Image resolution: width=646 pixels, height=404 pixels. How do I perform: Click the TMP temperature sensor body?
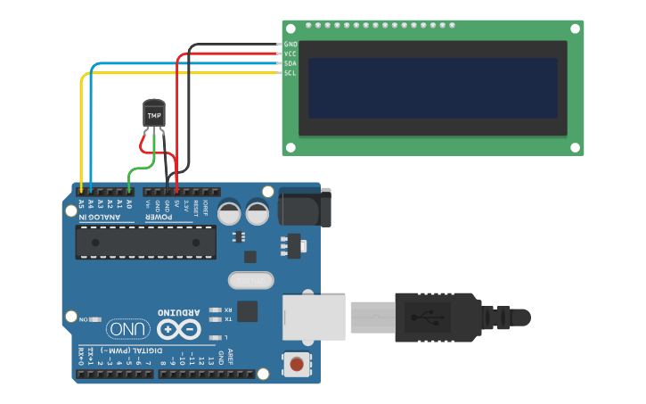[x=154, y=114]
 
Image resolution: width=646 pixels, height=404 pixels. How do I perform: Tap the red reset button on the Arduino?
[x=297, y=363]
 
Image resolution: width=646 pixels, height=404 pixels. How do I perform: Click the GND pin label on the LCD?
[x=290, y=44]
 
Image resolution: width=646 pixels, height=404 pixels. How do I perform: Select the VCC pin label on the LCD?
[x=290, y=54]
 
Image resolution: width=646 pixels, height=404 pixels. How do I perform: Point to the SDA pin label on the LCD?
[x=290, y=63]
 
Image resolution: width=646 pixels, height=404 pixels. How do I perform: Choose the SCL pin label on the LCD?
[x=290, y=73]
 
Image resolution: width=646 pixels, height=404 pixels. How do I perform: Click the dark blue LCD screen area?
[x=432, y=88]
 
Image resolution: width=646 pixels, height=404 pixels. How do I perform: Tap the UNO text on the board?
[x=128, y=330]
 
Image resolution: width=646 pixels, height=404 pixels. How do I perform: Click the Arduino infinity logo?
[x=179, y=330]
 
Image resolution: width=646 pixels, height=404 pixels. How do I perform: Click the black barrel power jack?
[x=303, y=206]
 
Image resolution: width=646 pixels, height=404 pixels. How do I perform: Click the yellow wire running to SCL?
[x=178, y=73]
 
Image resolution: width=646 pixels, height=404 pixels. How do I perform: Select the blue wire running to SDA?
[x=178, y=63]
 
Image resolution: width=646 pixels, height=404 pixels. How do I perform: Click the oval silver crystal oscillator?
[x=250, y=280]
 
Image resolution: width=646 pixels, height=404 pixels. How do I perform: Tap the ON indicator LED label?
[x=84, y=318]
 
